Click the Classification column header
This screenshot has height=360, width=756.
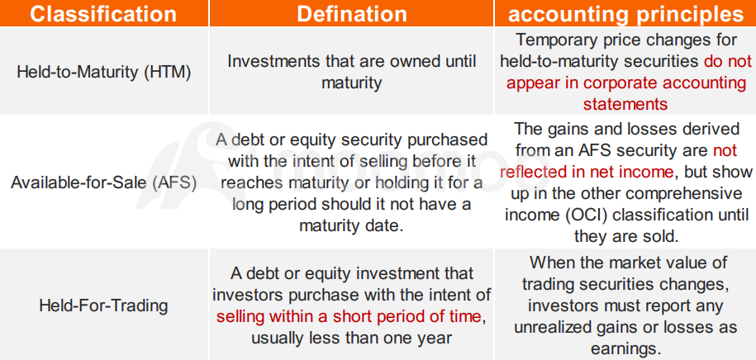coord(103,14)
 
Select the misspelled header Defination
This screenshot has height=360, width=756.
coord(351,14)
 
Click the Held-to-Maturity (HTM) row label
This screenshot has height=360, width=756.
coord(103,72)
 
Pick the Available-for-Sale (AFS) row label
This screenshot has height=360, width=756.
coord(103,183)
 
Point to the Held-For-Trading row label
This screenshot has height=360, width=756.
coord(103,306)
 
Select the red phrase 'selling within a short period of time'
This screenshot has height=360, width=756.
coord(348,316)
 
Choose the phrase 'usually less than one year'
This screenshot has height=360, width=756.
coord(351,338)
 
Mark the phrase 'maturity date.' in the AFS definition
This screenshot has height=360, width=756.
coord(351,225)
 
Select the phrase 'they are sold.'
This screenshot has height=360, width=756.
coord(625,236)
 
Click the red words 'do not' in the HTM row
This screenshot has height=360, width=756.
coord(728,62)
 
